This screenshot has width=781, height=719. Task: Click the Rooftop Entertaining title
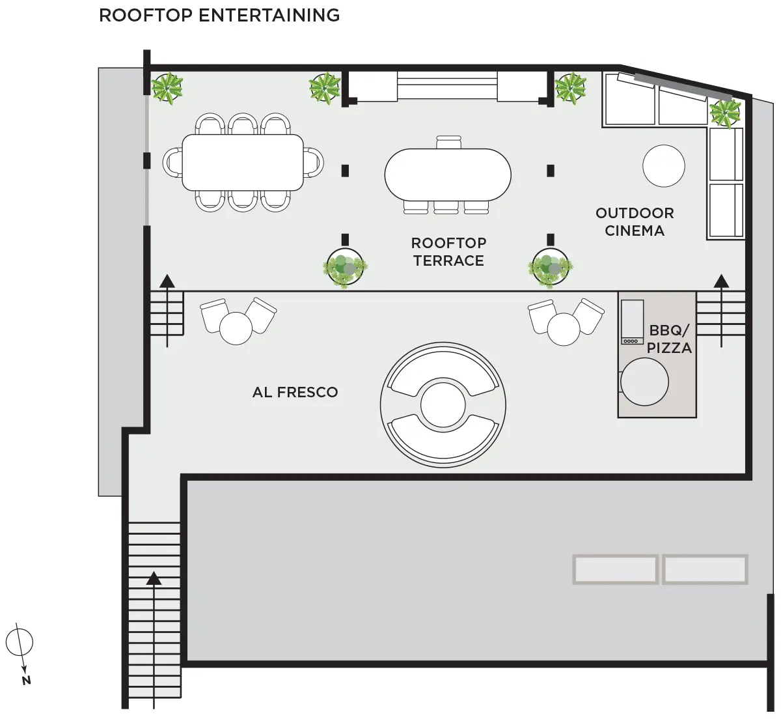[x=219, y=16]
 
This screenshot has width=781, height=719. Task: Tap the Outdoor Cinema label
[x=634, y=221]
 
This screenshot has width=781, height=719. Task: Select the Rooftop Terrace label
[x=448, y=252]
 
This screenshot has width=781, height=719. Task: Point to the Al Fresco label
[x=295, y=392]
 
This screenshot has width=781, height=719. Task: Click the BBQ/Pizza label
[x=669, y=339]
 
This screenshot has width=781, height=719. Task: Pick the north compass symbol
[x=20, y=654]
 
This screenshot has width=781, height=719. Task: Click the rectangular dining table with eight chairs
[x=243, y=163]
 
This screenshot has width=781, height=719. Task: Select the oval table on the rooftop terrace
[x=448, y=175]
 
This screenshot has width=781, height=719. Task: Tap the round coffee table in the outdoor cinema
[x=664, y=166]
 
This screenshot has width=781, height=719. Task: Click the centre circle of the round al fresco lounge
[x=443, y=404]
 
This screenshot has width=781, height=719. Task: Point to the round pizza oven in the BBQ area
[x=644, y=382]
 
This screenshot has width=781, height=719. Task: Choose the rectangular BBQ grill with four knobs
[x=632, y=322]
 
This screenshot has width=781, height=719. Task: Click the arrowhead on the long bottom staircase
[x=154, y=578]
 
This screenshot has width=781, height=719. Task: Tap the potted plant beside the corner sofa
[x=725, y=113]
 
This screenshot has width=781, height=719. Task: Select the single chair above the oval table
[x=449, y=142]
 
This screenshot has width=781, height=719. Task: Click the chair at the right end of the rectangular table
[x=314, y=163]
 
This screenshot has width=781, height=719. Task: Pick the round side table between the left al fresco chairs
[x=236, y=328]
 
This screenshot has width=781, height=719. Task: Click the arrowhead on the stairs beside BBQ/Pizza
[x=721, y=281]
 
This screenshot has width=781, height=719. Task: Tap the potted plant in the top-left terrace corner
[x=167, y=88]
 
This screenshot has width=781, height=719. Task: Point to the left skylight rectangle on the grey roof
[x=615, y=569]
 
